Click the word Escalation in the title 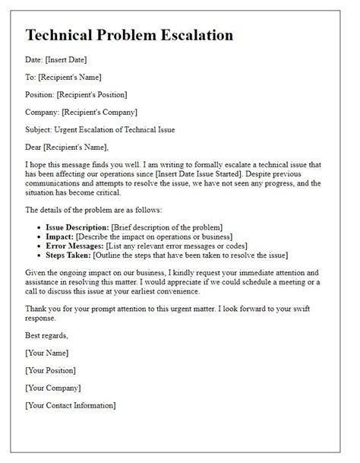[191, 35]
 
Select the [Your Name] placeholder [47, 353]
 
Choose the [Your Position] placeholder [51, 370]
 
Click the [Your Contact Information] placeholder [71, 405]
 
